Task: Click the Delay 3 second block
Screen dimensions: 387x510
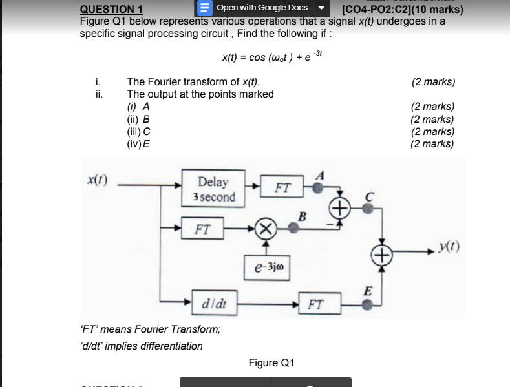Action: pyautogui.click(x=217, y=189)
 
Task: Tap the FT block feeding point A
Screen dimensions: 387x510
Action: pyautogui.click(x=282, y=189)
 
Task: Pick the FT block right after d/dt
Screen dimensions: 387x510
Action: pyautogui.click(x=317, y=303)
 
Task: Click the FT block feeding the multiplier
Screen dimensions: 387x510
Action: pyautogui.click(x=202, y=228)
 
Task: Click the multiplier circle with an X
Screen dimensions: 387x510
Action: pyautogui.click(x=266, y=228)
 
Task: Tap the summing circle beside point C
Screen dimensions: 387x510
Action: pyautogui.click(x=340, y=208)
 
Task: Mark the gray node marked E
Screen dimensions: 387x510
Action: pyautogui.click(x=367, y=303)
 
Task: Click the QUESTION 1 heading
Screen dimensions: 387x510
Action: pyautogui.click(x=111, y=9)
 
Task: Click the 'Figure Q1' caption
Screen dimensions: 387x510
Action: pyautogui.click(x=271, y=362)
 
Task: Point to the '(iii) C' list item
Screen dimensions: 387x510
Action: pyautogui.click(x=139, y=131)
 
